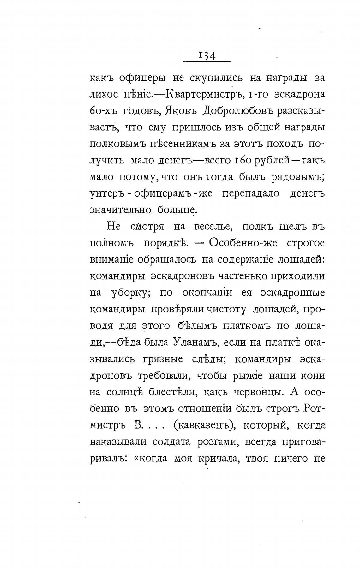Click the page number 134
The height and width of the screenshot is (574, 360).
[207, 56]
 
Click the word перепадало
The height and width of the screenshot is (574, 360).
[250, 193]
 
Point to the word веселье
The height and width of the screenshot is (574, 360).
[209, 227]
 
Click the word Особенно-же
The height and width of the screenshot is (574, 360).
[243, 243]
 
